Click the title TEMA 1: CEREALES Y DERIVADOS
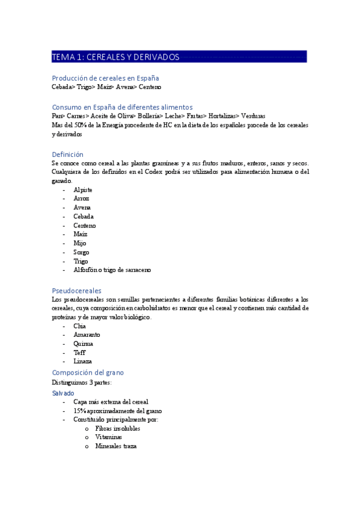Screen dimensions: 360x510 [x=116, y=57]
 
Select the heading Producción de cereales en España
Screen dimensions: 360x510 [x=105, y=78]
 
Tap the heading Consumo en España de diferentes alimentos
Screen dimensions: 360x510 [x=122, y=107]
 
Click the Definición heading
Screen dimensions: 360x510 [x=67, y=155]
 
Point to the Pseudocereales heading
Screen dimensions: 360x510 [x=76, y=290]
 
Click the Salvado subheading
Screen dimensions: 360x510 [x=63, y=393]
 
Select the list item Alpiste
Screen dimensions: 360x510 [x=83, y=189]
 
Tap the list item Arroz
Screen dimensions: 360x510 [x=81, y=198]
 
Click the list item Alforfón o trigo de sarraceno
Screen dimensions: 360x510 [x=112, y=271]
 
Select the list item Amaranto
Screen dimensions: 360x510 [x=87, y=334]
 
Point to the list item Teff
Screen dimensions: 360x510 [x=79, y=352]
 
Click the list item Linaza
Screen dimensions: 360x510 [x=82, y=361]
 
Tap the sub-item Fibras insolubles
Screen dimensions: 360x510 [x=117, y=428]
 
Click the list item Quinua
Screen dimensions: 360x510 [x=83, y=343]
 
